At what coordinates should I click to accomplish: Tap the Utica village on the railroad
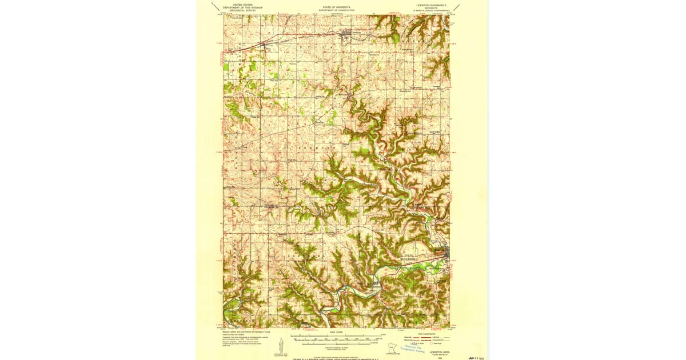265,44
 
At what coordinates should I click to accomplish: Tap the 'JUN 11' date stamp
473,356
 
